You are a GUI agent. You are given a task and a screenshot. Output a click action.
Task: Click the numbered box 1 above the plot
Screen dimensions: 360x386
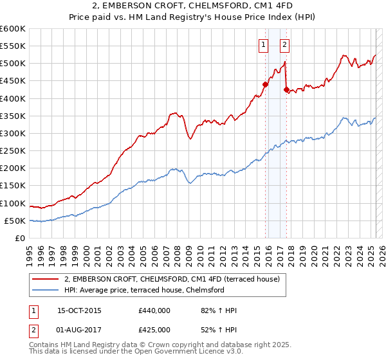[264, 44]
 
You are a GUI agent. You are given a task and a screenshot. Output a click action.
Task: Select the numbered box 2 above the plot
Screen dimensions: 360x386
[284, 44]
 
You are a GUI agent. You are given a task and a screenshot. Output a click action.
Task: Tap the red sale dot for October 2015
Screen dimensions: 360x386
[265, 84]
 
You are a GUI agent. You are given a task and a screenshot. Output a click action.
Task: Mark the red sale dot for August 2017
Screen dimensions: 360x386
[286, 89]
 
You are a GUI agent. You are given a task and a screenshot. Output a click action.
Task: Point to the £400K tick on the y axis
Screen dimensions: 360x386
[13, 98]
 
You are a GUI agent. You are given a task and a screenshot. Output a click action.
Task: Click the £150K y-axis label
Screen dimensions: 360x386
[13, 186]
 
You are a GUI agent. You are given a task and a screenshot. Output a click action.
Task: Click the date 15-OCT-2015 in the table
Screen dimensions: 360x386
[79, 310]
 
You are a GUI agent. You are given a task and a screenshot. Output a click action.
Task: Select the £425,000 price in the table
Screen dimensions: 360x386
[154, 330]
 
